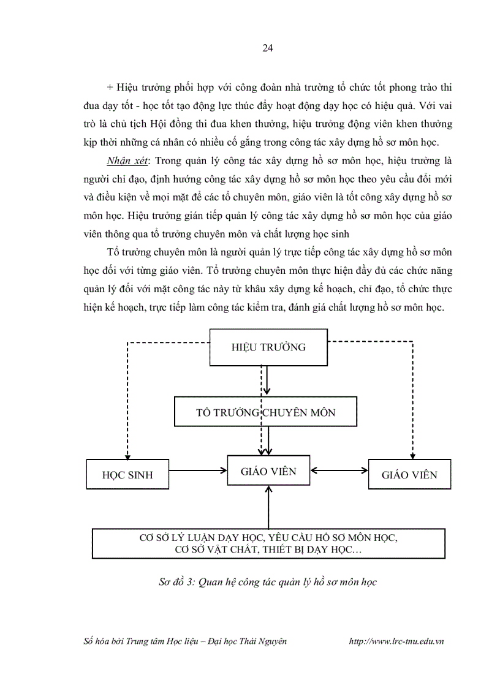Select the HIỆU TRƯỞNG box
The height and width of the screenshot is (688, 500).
pos(268,347)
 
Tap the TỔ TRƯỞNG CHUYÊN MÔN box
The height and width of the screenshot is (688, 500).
pos(265,412)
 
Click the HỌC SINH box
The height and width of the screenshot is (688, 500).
pos(127,474)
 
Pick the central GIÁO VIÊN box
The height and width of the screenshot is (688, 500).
pos(268,471)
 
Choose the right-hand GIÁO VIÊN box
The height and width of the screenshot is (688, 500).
pos(409,474)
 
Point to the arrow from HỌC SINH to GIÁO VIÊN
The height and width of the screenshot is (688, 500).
pos(197,471)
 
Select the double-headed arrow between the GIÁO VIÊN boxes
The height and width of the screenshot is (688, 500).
pos(338,471)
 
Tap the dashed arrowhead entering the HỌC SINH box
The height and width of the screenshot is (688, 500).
pos(127,455)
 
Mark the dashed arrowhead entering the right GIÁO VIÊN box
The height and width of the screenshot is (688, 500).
pos(412,455)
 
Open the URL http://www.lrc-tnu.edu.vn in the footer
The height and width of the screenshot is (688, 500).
pos(395,641)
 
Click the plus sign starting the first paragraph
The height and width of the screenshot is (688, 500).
pos(110,88)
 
